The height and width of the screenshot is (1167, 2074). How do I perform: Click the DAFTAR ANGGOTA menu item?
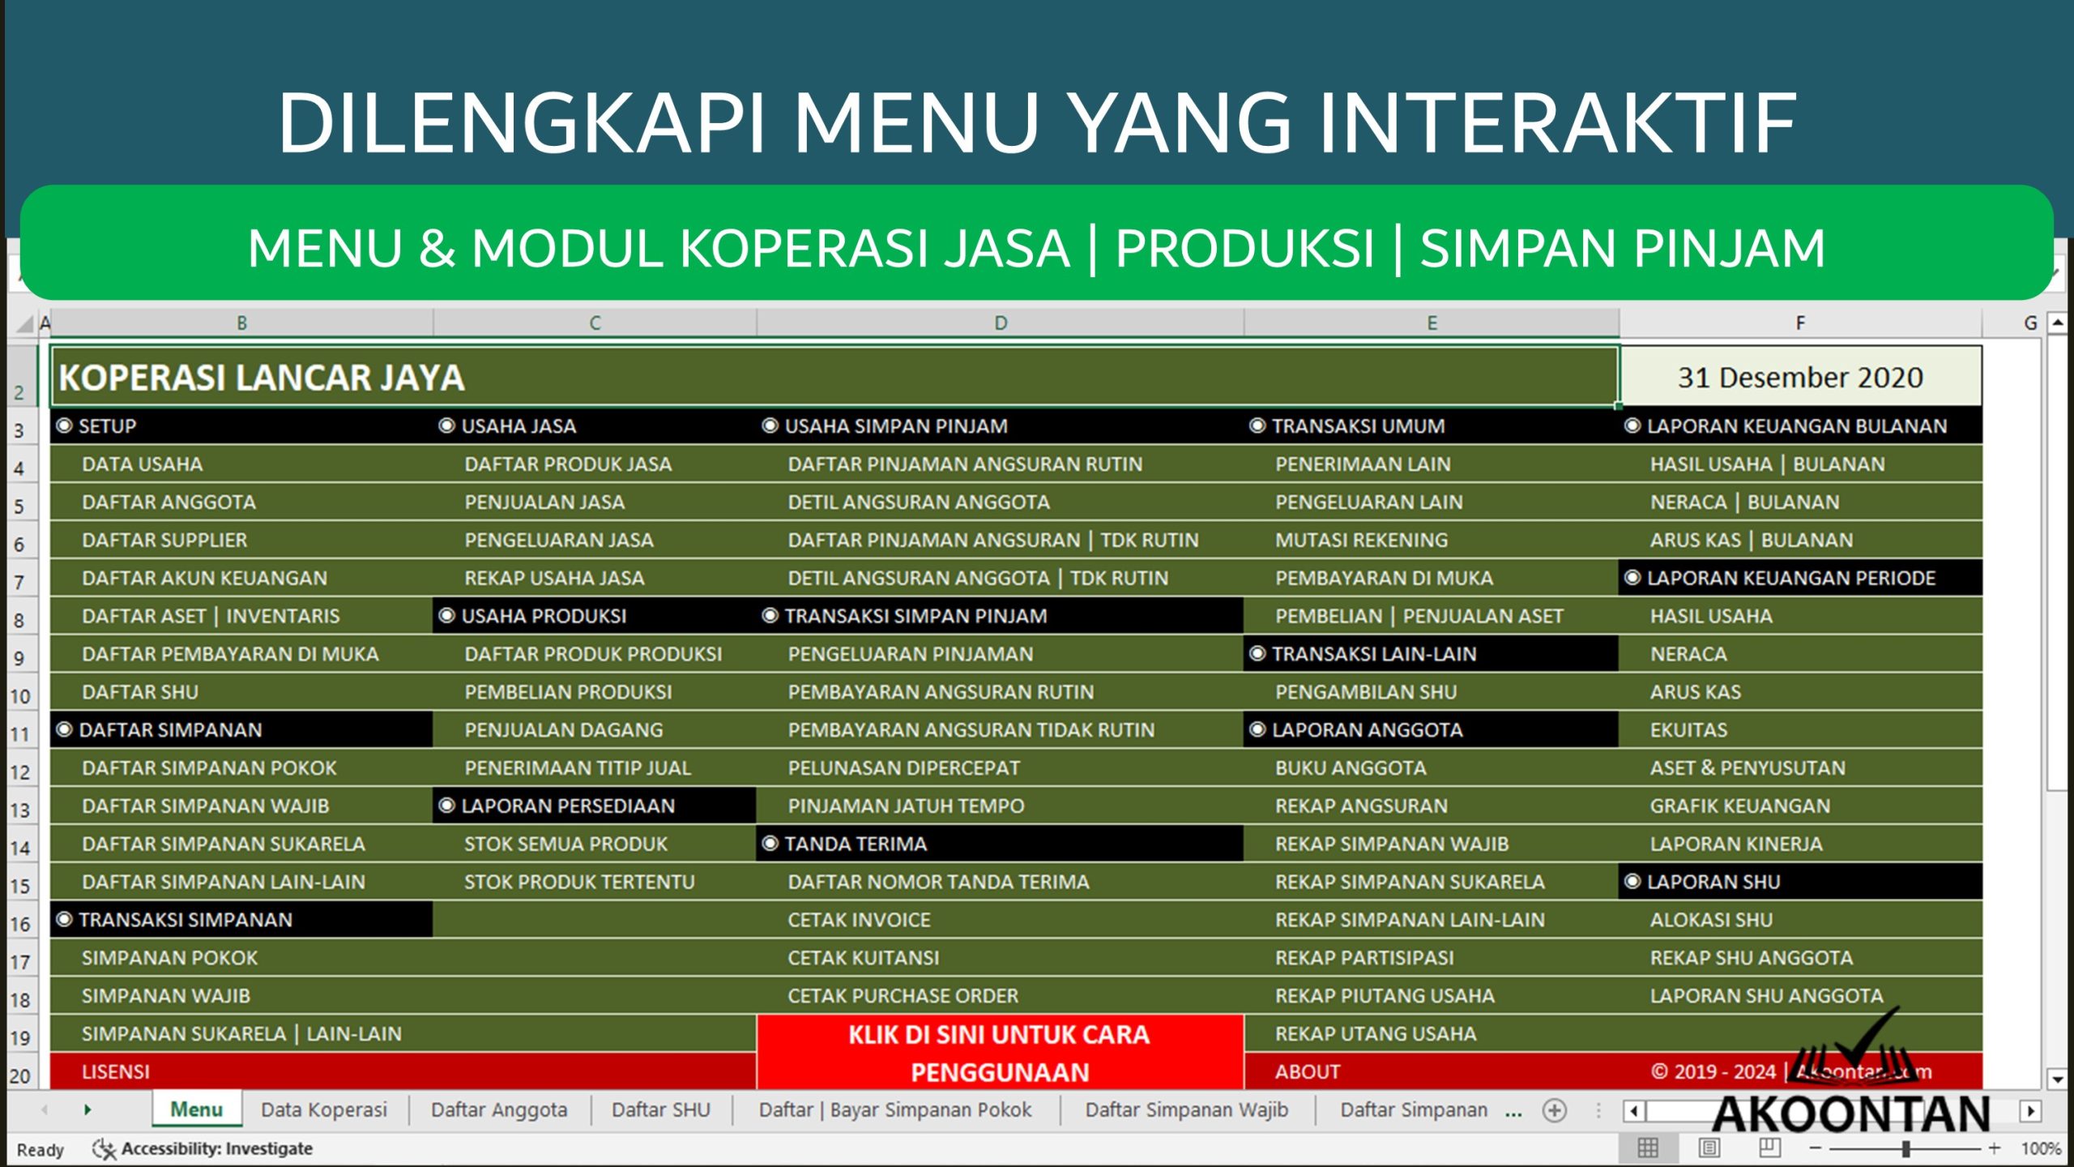[x=169, y=502]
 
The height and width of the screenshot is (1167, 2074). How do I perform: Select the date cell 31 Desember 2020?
[x=1800, y=378]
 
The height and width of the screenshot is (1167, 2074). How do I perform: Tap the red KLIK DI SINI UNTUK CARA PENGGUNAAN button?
[x=1000, y=1053]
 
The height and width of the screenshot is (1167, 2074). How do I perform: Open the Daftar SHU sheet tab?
[x=660, y=1109]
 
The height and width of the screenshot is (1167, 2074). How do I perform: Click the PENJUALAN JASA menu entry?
[x=544, y=502]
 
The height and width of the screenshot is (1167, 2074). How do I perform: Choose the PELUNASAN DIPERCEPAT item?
[x=903, y=768]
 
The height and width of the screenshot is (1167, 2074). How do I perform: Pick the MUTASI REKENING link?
[x=1361, y=541]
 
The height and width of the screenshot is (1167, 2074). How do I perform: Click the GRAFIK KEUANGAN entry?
[x=1739, y=806]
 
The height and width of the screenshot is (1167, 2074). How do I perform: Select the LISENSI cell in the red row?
[x=116, y=1072]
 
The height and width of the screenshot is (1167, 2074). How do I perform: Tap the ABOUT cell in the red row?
[x=1307, y=1072]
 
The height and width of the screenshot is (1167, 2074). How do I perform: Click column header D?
[x=1001, y=323]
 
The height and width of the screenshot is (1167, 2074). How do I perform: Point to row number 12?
[x=20, y=772]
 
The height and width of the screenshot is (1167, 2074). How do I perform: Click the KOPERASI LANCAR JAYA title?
[x=262, y=378]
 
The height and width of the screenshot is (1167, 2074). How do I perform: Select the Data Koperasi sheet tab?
[x=324, y=1109]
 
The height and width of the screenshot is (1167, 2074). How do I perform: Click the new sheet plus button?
[x=1554, y=1110]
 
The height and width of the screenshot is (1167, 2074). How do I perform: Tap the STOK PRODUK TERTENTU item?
[x=579, y=883]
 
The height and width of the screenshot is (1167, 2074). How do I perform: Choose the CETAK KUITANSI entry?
[x=863, y=958]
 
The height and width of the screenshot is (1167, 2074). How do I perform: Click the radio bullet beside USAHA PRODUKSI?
[x=446, y=616]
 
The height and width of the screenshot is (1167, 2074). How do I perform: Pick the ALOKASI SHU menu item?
[x=1711, y=920]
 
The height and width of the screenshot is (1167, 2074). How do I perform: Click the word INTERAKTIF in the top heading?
[x=1557, y=123]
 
